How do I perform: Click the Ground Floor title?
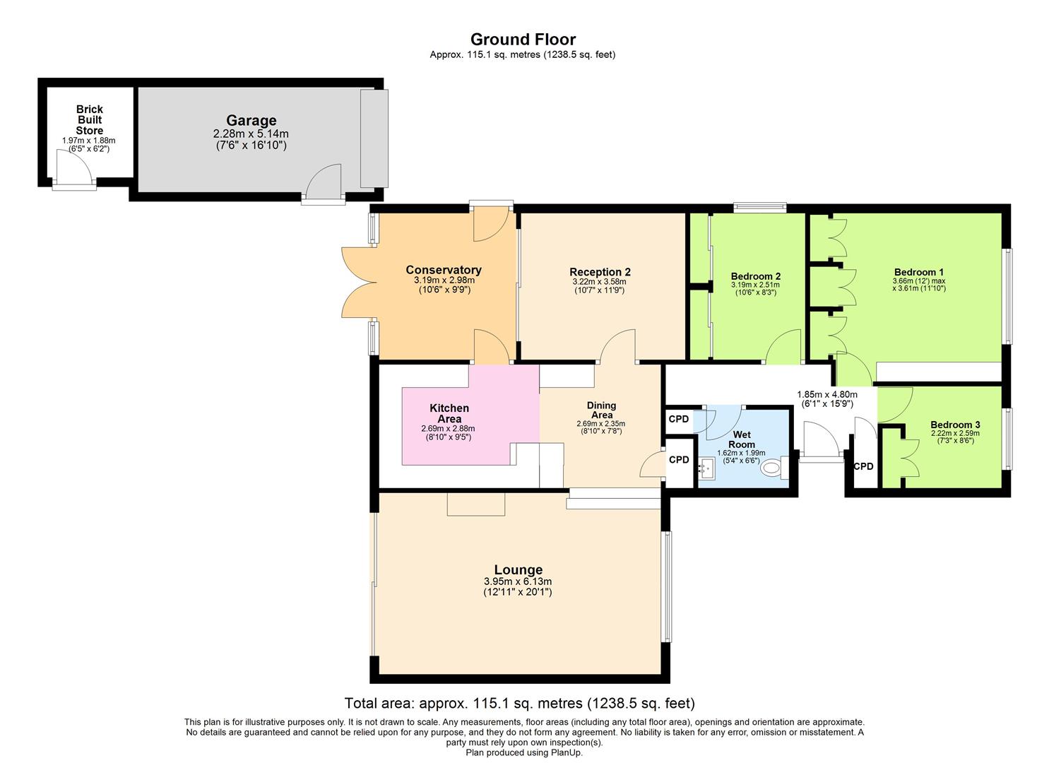[523, 40]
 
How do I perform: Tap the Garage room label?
[251, 120]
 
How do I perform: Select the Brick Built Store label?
[90, 120]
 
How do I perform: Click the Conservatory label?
[444, 270]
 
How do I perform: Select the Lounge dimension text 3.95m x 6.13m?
[518, 581]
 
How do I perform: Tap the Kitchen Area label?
[449, 413]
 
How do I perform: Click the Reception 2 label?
[600, 272]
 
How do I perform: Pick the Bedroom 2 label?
[755, 276]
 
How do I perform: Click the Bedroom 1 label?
[919, 272]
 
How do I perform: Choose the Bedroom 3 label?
[955, 425]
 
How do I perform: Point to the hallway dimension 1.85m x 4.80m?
[827, 394]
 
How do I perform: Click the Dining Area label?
[601, 410]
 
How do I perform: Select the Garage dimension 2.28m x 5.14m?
[251, 134]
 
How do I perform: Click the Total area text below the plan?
[520, 703]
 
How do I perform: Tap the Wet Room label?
[742, 439]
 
